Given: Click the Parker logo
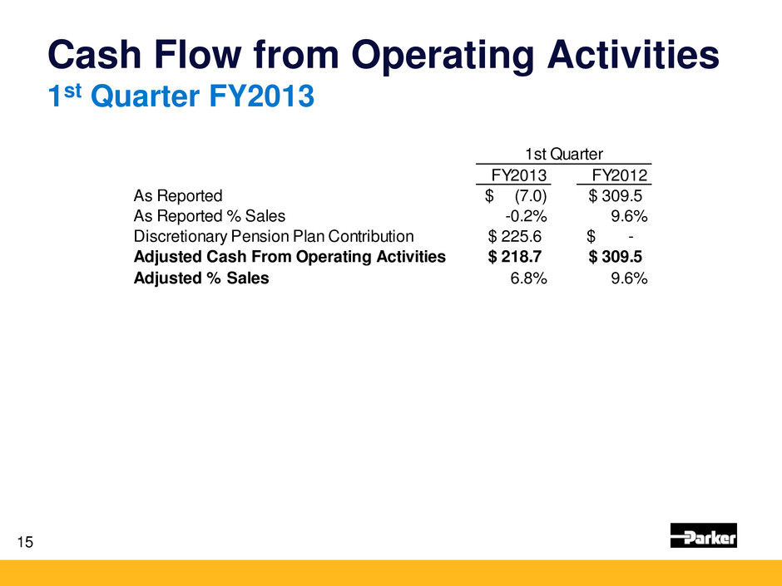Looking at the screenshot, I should click(x=703, y=536).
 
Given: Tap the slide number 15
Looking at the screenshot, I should click(x=25, y=543).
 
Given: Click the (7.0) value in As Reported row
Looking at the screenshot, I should click(x=530, y=196).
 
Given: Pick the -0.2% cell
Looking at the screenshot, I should click(x=526, y=217).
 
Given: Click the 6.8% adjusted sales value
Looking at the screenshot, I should click(x=528, y=278).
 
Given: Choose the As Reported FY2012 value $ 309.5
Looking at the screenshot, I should click(x=615, y=196).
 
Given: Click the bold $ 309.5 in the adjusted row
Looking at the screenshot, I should click(x=615, y=257).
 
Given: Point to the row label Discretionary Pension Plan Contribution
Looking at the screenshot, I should click(x=274, y=237).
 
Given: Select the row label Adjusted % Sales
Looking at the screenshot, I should click(x=201, y=278).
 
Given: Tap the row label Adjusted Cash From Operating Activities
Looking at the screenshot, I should click(x=289, y=257).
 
